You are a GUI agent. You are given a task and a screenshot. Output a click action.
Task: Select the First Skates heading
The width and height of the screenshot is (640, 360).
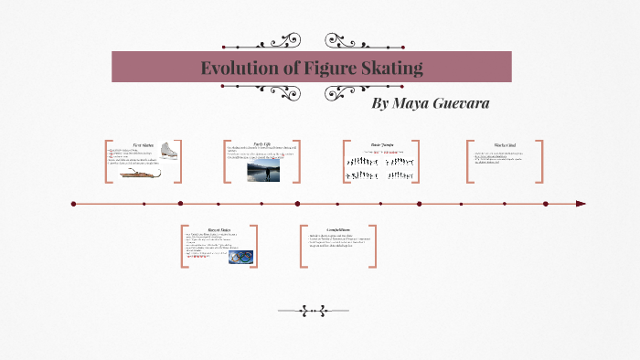[143, 144]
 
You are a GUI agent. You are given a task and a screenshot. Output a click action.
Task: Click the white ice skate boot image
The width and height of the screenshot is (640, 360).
[169, 152]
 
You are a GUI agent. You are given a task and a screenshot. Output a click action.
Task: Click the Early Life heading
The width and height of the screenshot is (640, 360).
[263, 143]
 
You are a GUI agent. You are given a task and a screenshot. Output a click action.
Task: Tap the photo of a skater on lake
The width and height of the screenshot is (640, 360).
[263, 171]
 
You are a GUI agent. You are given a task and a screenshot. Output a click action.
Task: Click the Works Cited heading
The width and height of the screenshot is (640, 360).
[505, 144]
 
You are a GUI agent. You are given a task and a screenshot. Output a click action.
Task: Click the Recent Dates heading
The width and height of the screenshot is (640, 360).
[219, 230]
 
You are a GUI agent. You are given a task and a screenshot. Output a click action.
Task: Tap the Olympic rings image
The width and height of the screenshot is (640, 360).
[240, 258]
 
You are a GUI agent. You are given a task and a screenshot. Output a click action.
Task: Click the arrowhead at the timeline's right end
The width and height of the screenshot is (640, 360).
[581, 204]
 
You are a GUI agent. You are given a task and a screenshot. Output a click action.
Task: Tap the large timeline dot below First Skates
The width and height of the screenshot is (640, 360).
[180, 204]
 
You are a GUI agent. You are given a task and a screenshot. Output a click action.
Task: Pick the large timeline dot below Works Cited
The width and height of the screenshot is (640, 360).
[546, 204]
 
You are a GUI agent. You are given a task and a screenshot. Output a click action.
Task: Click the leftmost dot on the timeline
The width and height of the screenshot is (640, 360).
[73, 204]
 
